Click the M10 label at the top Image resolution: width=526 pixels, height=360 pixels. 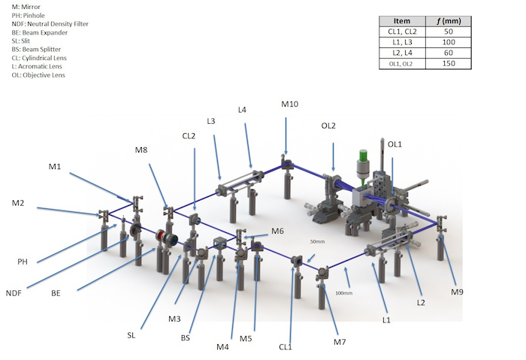click(289, 104)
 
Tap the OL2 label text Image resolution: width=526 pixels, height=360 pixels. click(328, 126)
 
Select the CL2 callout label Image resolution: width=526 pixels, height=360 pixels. click(189, 136)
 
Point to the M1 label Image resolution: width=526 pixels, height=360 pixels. click(55, 166)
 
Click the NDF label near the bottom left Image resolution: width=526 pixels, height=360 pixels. click(14, 293)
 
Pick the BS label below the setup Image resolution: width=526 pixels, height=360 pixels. click(185, 338)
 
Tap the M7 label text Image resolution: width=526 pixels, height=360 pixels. click(340, 342)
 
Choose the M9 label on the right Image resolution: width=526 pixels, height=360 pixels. click(457, 292)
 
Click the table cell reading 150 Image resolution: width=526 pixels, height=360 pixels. click(449, 63)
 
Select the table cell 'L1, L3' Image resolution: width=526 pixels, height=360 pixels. click(402, 42)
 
